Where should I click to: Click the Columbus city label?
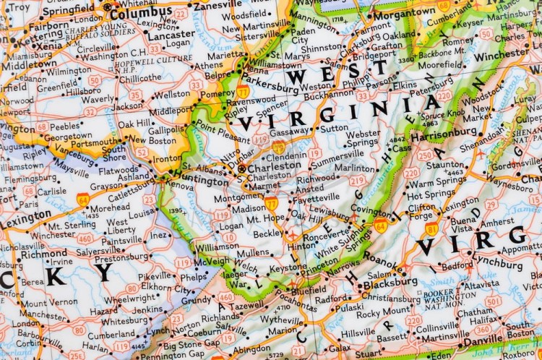[x=142, y=13]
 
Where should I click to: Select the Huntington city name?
[x=197, y=182]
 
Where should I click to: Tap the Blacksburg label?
[x=391, y=282]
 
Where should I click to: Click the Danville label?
[x=484, y=339]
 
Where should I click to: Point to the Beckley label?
[x=267, y=234]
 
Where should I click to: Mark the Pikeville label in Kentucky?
[x=155, y=275]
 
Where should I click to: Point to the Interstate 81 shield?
[x=431, y=229]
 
